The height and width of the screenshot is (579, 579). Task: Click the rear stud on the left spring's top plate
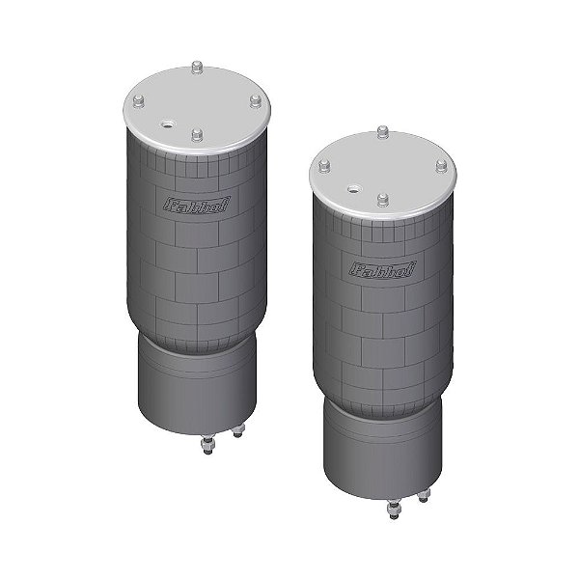197,68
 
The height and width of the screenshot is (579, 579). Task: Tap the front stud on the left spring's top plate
197,135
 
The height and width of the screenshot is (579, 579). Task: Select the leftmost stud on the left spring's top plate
137,101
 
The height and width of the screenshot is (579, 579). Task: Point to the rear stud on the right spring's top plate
382,131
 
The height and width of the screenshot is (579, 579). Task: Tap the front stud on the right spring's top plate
382,200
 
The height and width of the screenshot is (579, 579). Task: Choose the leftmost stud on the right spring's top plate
322,166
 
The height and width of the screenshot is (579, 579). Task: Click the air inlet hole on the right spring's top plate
354,188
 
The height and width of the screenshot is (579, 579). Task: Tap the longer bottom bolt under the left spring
207,445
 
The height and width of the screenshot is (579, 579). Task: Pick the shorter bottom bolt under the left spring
238,432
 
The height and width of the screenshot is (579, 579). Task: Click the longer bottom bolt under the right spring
393,508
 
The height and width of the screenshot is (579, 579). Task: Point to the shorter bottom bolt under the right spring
423,496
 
